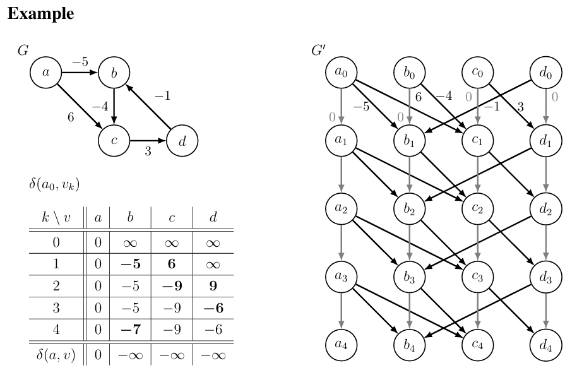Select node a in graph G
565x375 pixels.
pyautogui.click(x=45, y=73)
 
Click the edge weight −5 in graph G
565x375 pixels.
pyautogui.click(x=80, y=62)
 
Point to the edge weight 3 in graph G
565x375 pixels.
pyautogui.click(x=148, y=150)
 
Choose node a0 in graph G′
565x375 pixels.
pyautogui.click(x=342, y=73)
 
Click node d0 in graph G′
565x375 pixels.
pyautogui.click(x=546, y=73)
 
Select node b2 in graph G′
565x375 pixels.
pyautogui.click(x=410, y=210)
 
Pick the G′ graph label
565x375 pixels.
pyautogui.click(x=319, y=50)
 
